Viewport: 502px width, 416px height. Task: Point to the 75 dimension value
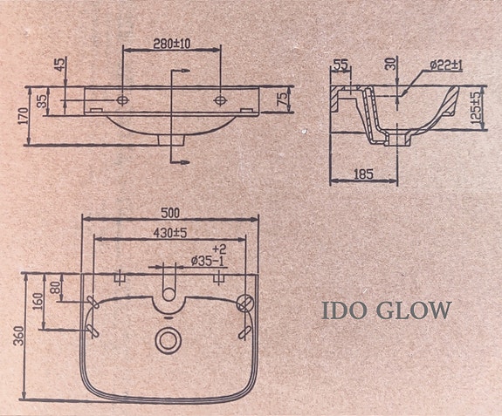click(281, 99)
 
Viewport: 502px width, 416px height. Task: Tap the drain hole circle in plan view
click(167, 338)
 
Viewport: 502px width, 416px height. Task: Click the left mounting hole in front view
click(122, 99)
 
